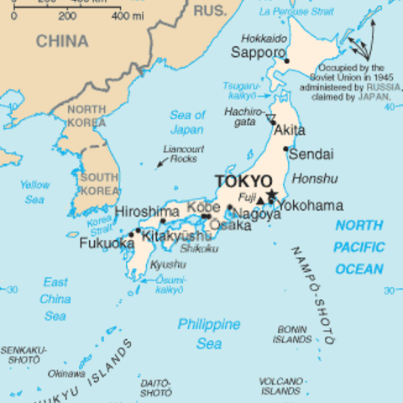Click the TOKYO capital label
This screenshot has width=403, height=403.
(x=243, y=181)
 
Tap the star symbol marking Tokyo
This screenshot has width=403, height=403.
(x=271, y=195)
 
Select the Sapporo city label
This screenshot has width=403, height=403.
(x=257, y=52)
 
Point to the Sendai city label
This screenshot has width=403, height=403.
(x=310, y=154)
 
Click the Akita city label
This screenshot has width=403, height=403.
(x=290, y=130)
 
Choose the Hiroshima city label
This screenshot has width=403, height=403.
(x=147, y=212)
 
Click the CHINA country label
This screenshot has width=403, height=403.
(x=61, y=41)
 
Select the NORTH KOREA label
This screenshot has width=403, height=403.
(x=86, y=117)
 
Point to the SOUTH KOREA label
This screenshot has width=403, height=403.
(x=99, y=184)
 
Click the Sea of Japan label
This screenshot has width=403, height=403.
(x=186, y=123)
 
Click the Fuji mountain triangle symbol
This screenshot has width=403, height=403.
(x=260, y=200)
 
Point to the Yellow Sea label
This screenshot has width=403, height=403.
(x=34, y=192)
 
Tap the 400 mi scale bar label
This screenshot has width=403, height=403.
(x=127, y=16)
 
